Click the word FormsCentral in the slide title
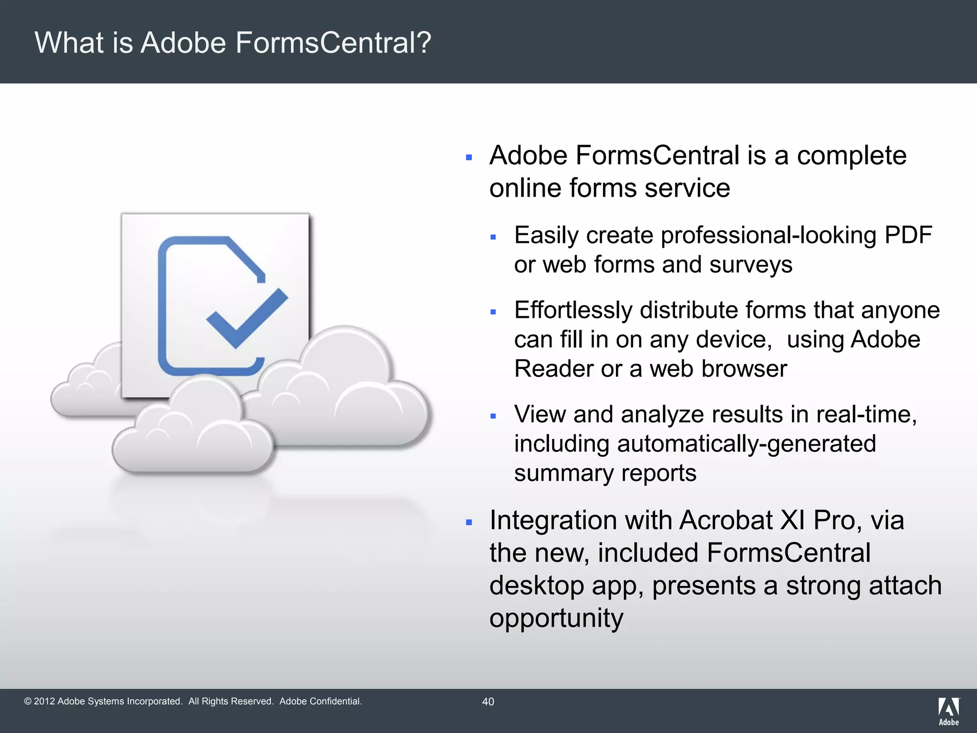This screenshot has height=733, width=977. [x=326, y=43]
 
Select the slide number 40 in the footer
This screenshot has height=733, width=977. [x=488, y=702]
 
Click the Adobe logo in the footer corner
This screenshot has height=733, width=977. [x=948, y=711]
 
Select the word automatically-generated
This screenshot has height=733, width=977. [x=746, y=444]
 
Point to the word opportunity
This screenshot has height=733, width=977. [x=556, y=618]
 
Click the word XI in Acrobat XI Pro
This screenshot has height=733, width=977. [x=792, y=520]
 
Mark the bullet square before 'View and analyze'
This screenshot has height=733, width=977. [x=493, y=416]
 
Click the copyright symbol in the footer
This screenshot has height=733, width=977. [x=28, y=702]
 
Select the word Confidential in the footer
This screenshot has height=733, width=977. [x=335, y=702]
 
